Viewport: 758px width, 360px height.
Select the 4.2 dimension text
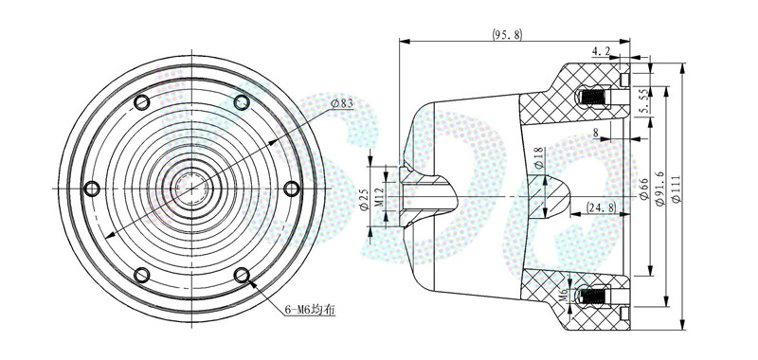(600, 51)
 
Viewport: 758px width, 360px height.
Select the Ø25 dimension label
(364, 199)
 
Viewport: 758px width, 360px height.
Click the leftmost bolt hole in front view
(91, 188)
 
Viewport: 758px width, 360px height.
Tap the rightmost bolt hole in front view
(292, 188)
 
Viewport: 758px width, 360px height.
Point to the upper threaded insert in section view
(592, 98)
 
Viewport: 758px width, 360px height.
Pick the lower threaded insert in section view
(592, 297)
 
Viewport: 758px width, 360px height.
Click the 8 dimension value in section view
(595, 135)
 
